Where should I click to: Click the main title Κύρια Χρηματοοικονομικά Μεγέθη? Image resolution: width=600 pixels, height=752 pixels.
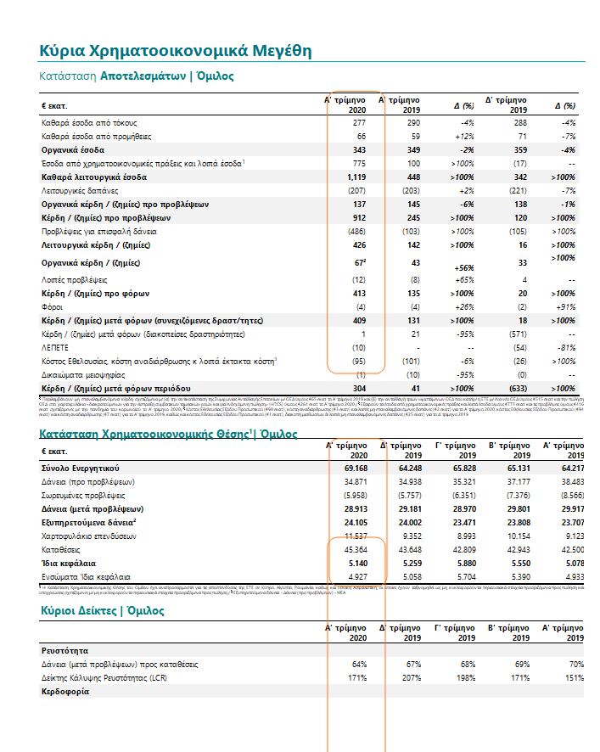175,51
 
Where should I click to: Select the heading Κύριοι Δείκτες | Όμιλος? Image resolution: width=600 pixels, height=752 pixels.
103,610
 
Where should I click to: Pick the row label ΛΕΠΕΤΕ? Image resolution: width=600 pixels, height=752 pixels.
56,348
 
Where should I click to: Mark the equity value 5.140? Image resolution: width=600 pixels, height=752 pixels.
355,563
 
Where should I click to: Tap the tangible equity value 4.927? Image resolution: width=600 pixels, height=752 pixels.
355,576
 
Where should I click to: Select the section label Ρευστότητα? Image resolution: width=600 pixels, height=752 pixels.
66,649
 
